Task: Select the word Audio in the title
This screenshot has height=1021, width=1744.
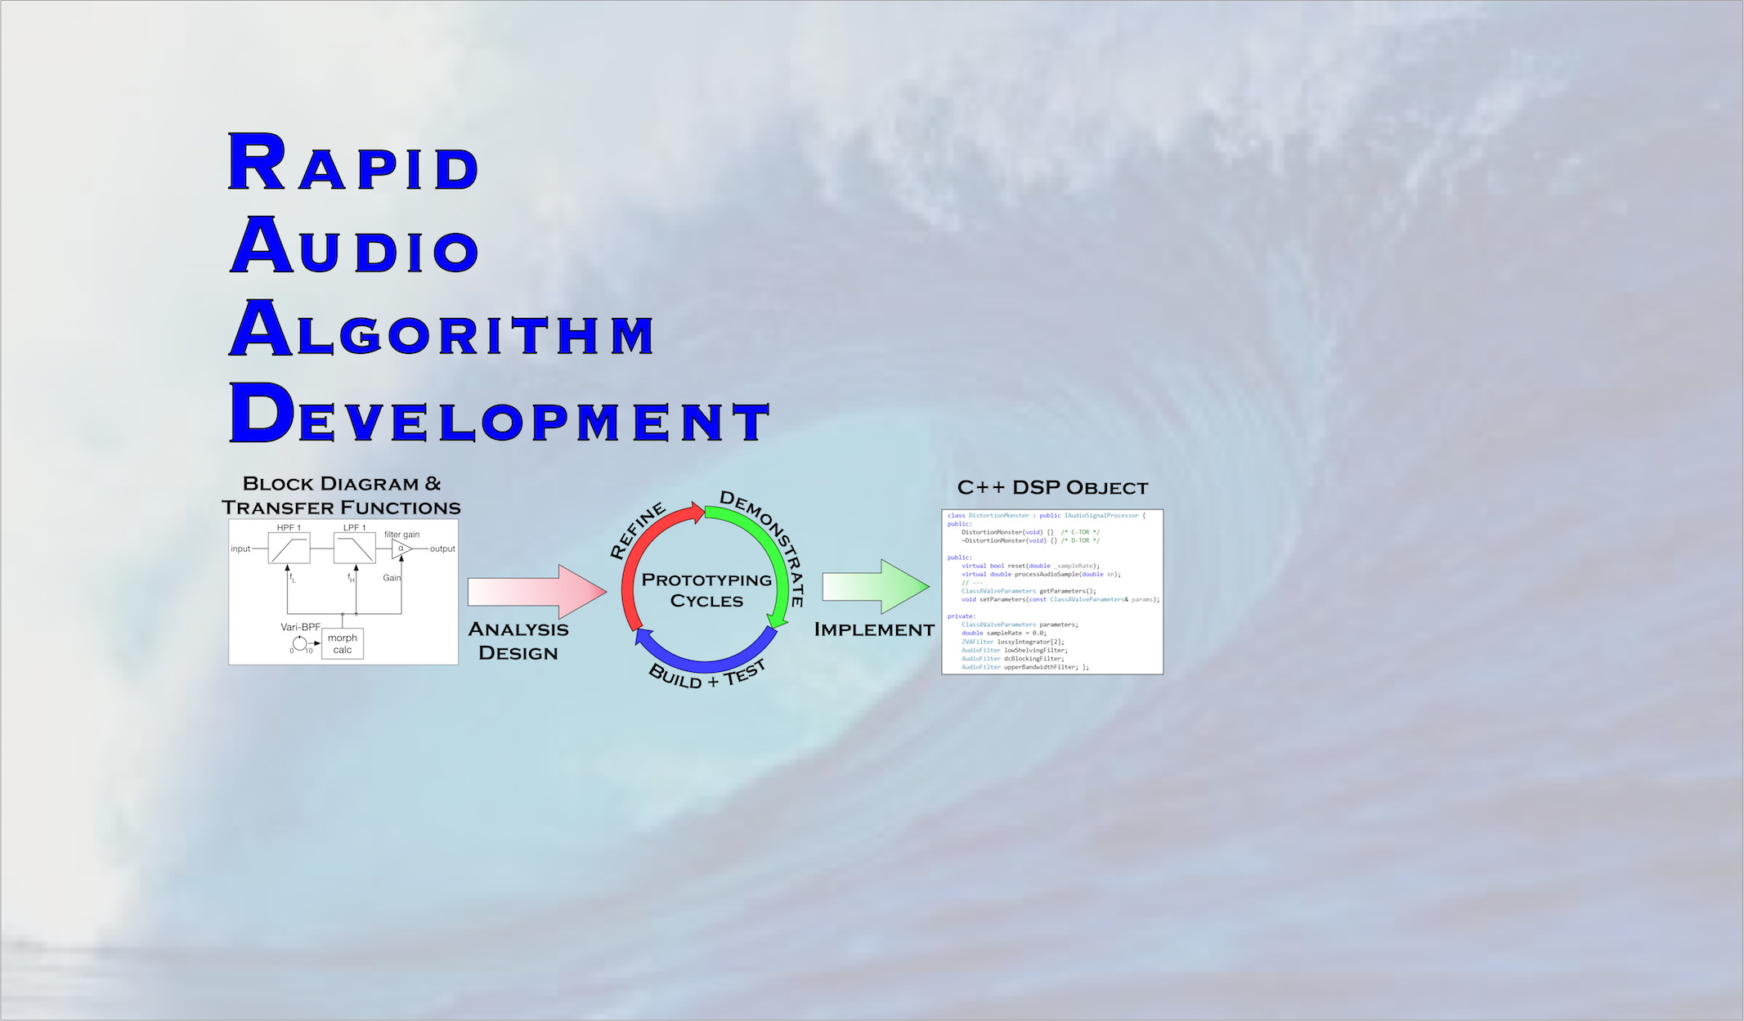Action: tap(353, 246)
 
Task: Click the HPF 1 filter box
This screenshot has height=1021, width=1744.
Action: tap(289, 548)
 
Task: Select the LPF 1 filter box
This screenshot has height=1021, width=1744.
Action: tap(355, 548)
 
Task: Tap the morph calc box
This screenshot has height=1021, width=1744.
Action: tap(343, 643)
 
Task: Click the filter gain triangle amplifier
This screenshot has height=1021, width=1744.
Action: tap(401, 549)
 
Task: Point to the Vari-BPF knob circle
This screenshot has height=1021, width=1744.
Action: tap(300, 643)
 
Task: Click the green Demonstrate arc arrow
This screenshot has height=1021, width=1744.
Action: tap(769, 556)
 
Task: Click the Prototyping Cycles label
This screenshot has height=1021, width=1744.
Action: tap(706, 589)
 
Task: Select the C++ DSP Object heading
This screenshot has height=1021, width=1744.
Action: tap(1052, 488)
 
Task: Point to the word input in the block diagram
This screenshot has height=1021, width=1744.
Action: tap(240, 549)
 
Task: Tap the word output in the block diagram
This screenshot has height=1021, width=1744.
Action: tap(442, 549)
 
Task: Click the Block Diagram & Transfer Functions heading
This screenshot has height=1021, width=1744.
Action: tap(342, 495)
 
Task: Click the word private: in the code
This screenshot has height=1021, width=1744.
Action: tap(961, 616)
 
